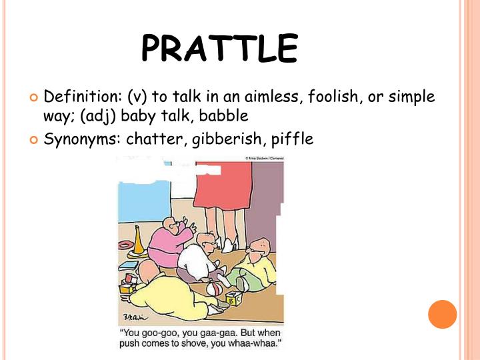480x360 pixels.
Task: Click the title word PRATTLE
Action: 219,48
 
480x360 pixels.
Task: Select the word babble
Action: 224,115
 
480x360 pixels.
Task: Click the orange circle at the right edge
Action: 442,314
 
